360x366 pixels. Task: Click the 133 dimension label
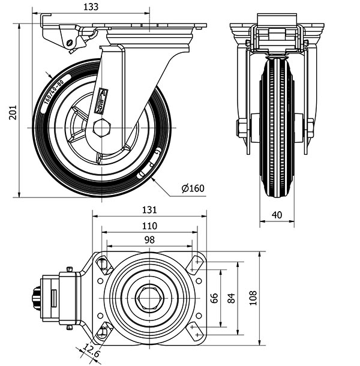91,7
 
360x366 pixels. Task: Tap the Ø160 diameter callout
193,188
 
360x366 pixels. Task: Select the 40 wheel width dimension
277,215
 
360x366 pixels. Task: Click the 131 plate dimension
149,210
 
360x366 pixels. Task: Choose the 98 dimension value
149,239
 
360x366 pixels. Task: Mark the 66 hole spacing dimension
214,298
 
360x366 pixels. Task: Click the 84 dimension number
232,298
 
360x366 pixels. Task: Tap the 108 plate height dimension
253,298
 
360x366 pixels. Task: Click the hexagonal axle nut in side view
102,128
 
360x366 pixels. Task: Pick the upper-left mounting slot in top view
103,264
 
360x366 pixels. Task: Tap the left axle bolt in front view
242,128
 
